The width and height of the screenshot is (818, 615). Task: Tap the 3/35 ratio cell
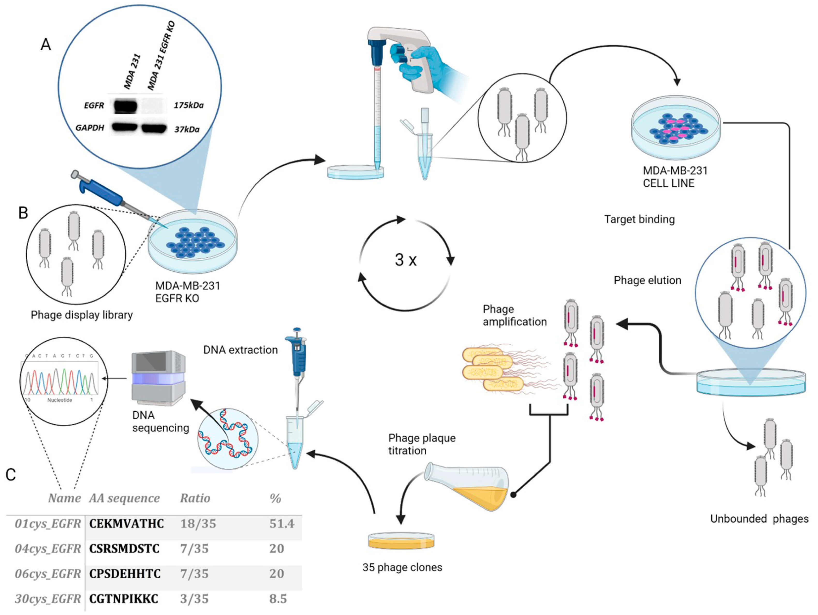194,599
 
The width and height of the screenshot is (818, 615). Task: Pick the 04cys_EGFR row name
48,548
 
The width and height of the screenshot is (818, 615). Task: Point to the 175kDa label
189,105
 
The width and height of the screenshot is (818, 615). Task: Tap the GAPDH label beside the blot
90,128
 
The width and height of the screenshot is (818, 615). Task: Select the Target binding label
639,219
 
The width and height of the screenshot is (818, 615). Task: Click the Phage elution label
647,280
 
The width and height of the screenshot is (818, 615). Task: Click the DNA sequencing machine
159,378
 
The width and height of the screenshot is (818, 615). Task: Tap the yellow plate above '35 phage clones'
401,541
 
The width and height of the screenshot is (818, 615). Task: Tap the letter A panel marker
46,44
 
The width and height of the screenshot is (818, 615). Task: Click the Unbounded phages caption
759,519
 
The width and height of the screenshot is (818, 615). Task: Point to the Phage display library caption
82,315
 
